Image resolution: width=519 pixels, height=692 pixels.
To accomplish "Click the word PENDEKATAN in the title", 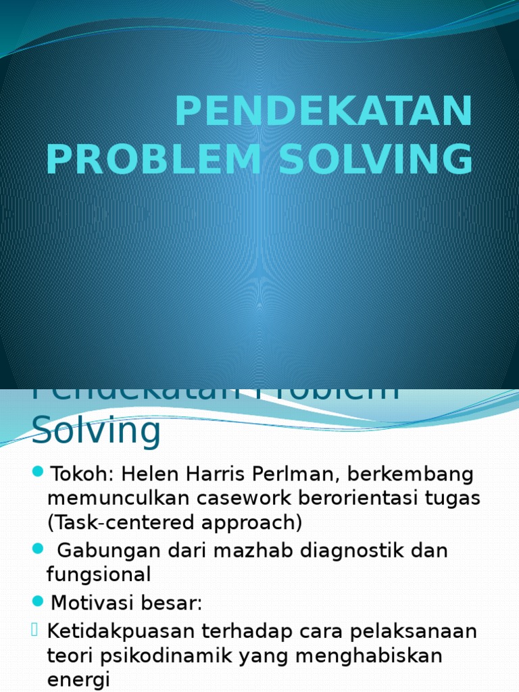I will (324, 112).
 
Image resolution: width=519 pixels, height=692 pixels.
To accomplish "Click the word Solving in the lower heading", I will (97, 429).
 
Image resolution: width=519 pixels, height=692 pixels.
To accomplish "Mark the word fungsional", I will (99, 575).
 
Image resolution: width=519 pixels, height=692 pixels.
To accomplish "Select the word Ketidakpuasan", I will (120, 631).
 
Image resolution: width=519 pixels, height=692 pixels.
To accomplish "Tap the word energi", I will (78, 680).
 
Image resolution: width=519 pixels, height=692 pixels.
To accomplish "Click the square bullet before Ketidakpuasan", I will (36, 631).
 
